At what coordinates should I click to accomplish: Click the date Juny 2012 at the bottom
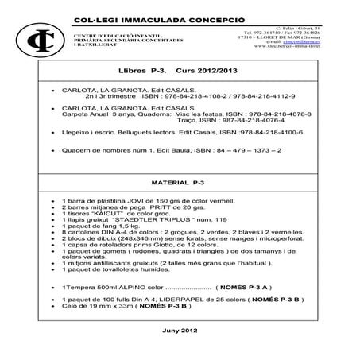[179, 329]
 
